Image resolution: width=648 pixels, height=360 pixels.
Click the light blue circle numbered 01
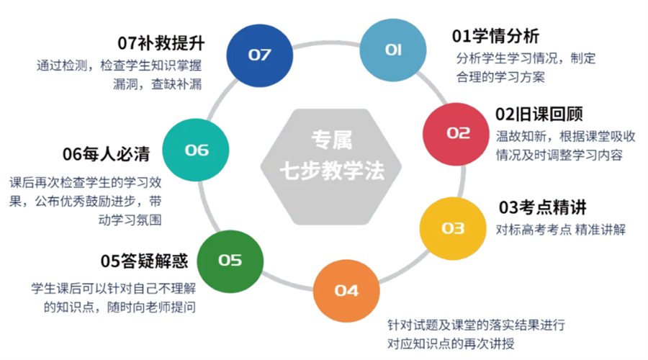click(392, 50)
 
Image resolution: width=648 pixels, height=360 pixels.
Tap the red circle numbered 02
click(456, 134)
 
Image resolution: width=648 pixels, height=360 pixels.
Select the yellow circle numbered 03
click(453, 228)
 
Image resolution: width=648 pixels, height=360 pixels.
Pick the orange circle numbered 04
click(346, 291)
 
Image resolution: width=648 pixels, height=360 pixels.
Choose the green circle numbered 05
click(230, 261)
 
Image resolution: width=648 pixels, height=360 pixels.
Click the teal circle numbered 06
click(195, 150)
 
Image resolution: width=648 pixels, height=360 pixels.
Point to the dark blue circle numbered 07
click(259, 55)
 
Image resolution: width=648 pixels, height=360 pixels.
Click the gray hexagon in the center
click(331, 166)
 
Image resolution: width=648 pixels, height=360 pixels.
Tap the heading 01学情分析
click(495, 36)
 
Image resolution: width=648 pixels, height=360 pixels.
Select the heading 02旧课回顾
click(539, 114)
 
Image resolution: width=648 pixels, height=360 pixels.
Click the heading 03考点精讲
click(543, 207)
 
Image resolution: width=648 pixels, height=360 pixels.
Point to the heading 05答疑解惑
click(144, 261)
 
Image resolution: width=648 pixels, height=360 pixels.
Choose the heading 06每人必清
click(107, 154)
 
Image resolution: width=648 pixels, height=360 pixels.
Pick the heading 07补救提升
click(161, 43)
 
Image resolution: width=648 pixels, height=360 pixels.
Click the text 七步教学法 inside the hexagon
click(332, 171)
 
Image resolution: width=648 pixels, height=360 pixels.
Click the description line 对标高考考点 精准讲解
click(561, 230)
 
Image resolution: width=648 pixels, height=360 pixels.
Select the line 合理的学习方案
click(500, 77)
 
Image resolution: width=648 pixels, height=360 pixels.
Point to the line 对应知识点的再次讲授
click(451, 343)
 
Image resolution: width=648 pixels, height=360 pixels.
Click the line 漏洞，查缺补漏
click(158, 84)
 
